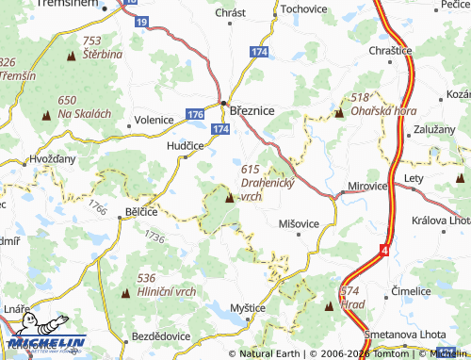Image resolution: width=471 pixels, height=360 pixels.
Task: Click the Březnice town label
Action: point(252,110)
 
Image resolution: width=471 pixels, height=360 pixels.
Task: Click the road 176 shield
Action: point(195,114)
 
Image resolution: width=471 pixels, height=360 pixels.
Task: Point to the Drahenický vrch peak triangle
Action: point(231,198)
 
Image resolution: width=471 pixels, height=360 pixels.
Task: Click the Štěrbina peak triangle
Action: point(71,57)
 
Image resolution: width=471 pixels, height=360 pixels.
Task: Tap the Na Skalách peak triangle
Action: point(46,115)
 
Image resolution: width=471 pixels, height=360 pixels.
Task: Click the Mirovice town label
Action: point(367,187)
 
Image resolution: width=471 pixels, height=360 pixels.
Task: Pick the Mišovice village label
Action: point(300,223)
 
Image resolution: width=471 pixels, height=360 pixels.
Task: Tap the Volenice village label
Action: point(154,120)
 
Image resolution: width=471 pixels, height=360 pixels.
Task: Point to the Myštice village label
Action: point(249,308)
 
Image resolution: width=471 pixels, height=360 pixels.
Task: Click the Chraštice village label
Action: point(391,48)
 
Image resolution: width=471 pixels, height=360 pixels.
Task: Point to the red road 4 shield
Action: point(384,251)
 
